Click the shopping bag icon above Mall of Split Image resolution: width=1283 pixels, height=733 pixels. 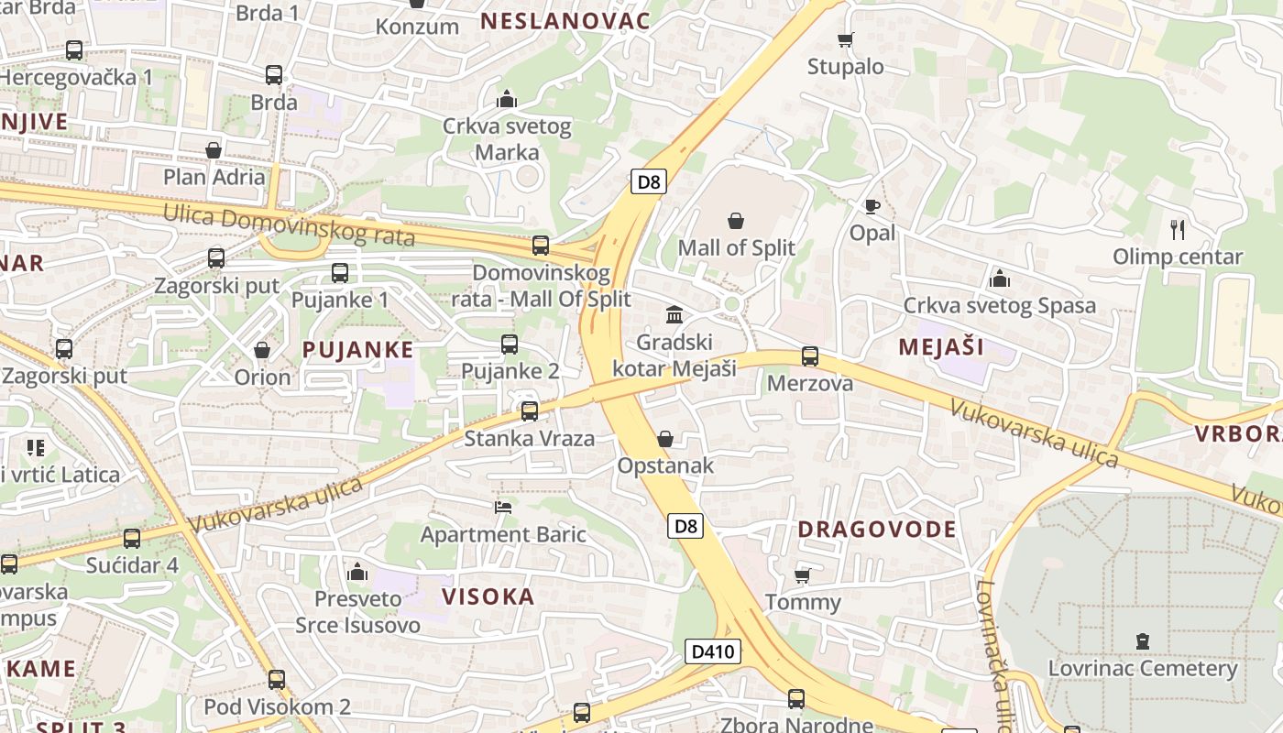(x=735, y=221)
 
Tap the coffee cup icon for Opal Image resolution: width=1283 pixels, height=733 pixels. (x=872, y=206)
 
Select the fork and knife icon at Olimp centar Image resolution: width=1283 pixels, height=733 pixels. (x=1178, y=229)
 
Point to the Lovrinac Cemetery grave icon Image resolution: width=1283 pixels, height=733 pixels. (x=1142, y=641)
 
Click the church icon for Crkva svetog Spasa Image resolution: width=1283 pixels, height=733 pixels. (x=999, y=278)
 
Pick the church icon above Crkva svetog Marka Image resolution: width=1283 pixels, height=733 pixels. (x=506, y=99)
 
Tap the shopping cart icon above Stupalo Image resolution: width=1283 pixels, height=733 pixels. (x=845, y=39)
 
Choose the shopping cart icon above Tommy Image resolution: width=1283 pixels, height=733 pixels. (x=802, y=575)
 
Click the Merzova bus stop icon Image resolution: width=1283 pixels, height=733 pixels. (x=809, y=356)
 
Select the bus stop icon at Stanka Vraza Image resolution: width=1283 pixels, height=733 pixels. (x=529, y=411)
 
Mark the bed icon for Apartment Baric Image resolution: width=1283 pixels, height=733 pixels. (x=502, y=507)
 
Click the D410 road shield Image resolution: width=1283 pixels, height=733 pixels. (x=713, y=651)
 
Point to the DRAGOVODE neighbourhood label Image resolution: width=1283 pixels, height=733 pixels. (x=876, y=529)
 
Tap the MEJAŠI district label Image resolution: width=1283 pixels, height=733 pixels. (x=941, y=346)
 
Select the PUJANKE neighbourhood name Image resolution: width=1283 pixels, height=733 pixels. (x=357, y=349)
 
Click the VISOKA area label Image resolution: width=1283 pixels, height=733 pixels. (x=488, y=596)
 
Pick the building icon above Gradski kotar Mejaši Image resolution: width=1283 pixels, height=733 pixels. (x=674, y=315)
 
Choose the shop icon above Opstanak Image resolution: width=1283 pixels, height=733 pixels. (x=665, y=439)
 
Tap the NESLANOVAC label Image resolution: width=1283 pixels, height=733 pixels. (x=565, y=21)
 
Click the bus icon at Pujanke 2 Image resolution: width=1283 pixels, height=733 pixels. (x=510, y=345)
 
